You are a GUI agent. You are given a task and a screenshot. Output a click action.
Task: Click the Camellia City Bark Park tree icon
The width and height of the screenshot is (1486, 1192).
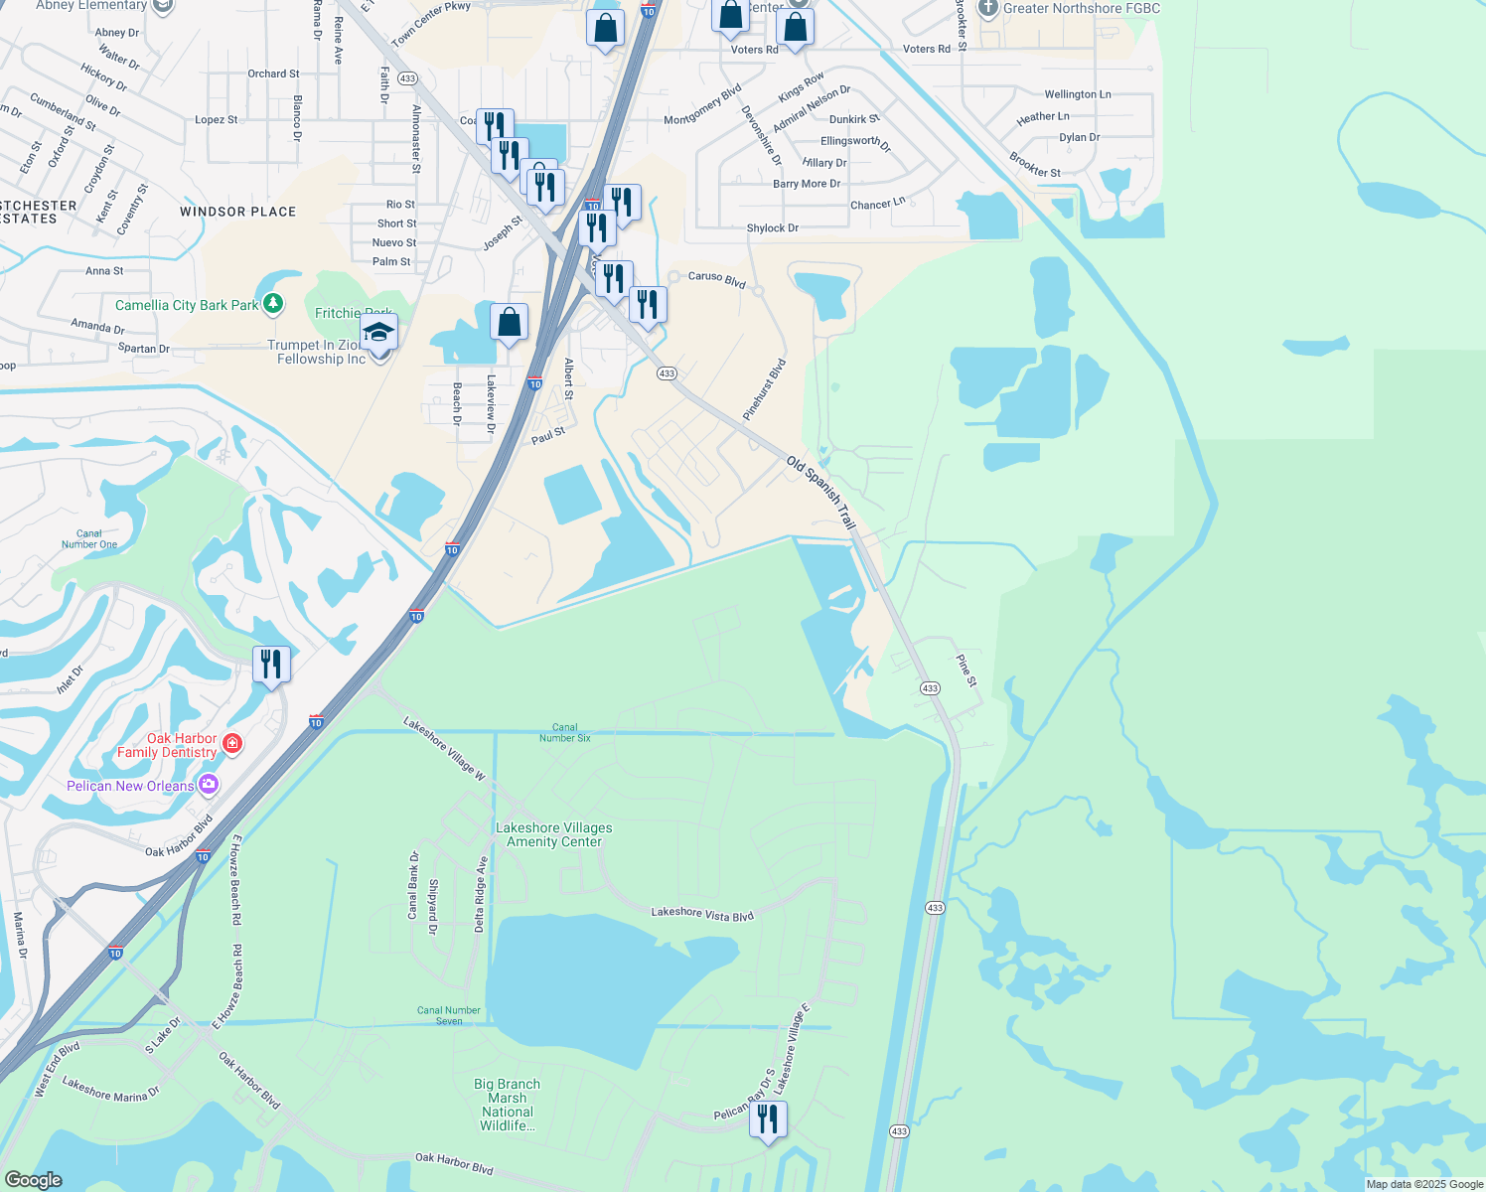(272, 304)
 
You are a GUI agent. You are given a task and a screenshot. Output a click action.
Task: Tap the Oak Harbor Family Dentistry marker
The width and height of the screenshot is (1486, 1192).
(232, 744)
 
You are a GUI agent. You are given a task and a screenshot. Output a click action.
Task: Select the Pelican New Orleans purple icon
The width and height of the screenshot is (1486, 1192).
(208, 786)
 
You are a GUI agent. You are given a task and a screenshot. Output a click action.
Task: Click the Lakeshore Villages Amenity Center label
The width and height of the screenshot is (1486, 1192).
(554, 834)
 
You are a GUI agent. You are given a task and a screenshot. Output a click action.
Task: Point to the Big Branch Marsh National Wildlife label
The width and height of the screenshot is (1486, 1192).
(508, 1105)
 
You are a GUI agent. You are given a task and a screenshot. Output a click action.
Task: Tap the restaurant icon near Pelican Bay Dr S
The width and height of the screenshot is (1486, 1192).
(767, 1119)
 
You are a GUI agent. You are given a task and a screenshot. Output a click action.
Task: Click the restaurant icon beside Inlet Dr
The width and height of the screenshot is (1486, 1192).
(271, 664)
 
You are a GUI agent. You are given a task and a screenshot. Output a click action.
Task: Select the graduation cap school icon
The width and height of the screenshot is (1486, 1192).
(378, 332)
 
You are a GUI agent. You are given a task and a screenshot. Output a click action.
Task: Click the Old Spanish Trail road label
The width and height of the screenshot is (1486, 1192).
(821, 492)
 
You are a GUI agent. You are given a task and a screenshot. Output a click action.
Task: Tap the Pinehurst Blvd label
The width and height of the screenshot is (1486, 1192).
(765, 388)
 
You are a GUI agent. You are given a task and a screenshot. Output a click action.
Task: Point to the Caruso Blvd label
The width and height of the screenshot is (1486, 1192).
(717, 279)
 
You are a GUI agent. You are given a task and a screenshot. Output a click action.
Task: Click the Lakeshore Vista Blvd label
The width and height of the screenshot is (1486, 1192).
(702, 913)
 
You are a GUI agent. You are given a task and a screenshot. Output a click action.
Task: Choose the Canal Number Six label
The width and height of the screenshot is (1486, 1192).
(564, 733)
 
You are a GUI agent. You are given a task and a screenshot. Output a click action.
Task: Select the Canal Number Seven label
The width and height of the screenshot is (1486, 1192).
(449, 1015)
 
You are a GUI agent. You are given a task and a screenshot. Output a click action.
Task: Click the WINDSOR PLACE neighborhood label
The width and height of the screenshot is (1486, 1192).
(238, 212)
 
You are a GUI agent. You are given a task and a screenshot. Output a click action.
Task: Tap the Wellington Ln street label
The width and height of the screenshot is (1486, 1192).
(1078, 94)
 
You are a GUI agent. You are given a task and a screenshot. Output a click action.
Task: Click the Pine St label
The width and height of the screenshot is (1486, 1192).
(966, 670)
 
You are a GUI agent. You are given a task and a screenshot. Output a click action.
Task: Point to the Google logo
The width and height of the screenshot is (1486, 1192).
(34, 1180)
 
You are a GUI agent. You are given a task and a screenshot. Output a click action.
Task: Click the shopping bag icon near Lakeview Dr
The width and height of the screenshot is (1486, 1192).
(509, 323)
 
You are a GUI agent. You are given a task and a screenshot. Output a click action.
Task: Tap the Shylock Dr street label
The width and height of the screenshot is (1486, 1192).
(773, 228)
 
